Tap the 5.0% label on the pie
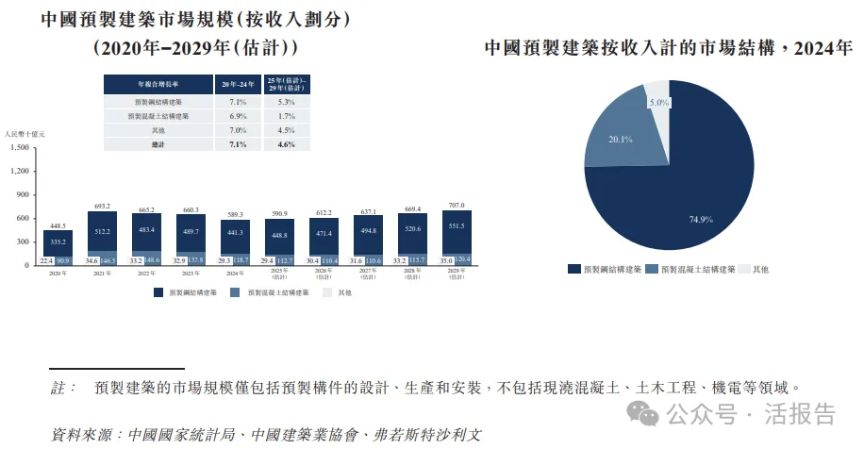(658, 102)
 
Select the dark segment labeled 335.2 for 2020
(58, 241)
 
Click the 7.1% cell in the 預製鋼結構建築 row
(238, 101)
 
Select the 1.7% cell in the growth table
(287, 116)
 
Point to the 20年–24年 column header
(238, 84)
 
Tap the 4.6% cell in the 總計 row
(287, 144)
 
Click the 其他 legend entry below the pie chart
(760, 270)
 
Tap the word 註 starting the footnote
(58, 388)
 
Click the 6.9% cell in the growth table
(238, 116)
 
